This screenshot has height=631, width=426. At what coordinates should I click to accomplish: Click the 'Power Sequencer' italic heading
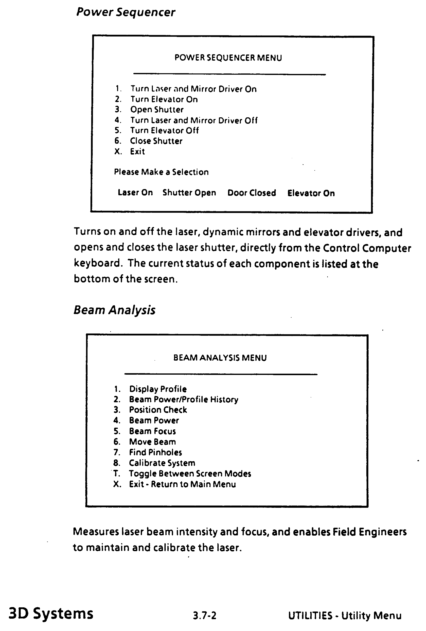(x=126, y=13)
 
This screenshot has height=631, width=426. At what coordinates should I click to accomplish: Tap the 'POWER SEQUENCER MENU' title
(x=228, y=58)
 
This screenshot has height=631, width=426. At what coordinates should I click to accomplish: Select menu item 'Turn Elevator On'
(x=164, y=99)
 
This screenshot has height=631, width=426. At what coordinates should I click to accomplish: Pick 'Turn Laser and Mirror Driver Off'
(x=194, y=120)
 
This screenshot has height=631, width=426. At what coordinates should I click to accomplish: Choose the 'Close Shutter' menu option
(x=156, y=141)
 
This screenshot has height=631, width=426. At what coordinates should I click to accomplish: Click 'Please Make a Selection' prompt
(x=161, y=172)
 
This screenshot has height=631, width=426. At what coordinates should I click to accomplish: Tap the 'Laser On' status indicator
(x=135, y=193)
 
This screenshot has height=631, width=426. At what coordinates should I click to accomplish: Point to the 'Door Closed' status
(x=252, y=193)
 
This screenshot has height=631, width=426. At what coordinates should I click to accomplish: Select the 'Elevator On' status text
(x=311, y=193)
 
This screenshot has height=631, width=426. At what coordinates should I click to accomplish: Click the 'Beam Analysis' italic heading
(x=114, y=310)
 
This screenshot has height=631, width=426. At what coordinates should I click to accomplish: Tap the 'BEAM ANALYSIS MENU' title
(x=220, y=358)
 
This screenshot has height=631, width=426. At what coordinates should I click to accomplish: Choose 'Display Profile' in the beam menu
(x=158, y=389)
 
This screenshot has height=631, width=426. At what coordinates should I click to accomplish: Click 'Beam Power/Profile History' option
(x=184, y=400)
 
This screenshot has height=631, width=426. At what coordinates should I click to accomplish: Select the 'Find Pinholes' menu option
(x=155, y=452)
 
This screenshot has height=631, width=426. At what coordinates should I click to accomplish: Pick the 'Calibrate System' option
(x=162, y=463)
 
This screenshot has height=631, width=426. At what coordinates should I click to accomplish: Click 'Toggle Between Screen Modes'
(x=190, y=473)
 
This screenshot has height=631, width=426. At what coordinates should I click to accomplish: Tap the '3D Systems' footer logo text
(x=51, y=614)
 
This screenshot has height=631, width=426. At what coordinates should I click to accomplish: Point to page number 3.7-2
(x=204, y=615)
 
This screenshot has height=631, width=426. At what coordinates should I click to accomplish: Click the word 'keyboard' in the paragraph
(x=97, y=263)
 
